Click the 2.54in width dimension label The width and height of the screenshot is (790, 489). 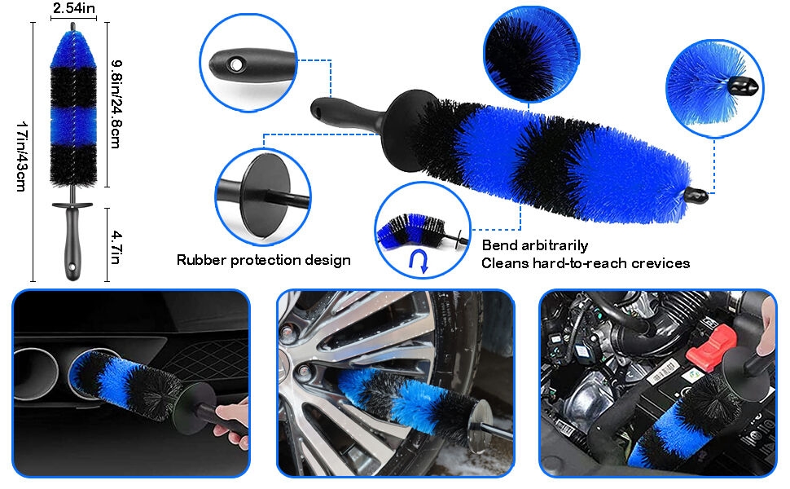click(74, 8)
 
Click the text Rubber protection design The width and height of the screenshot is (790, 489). click(263, 260)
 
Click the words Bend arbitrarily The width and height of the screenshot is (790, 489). click(534, 245)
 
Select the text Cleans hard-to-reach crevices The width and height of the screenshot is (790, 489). click(585, 263)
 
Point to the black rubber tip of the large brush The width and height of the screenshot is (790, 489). click(697, 196)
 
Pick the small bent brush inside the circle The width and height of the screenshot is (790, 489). click(411, 232)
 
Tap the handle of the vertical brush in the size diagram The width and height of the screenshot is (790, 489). click(72, 241)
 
